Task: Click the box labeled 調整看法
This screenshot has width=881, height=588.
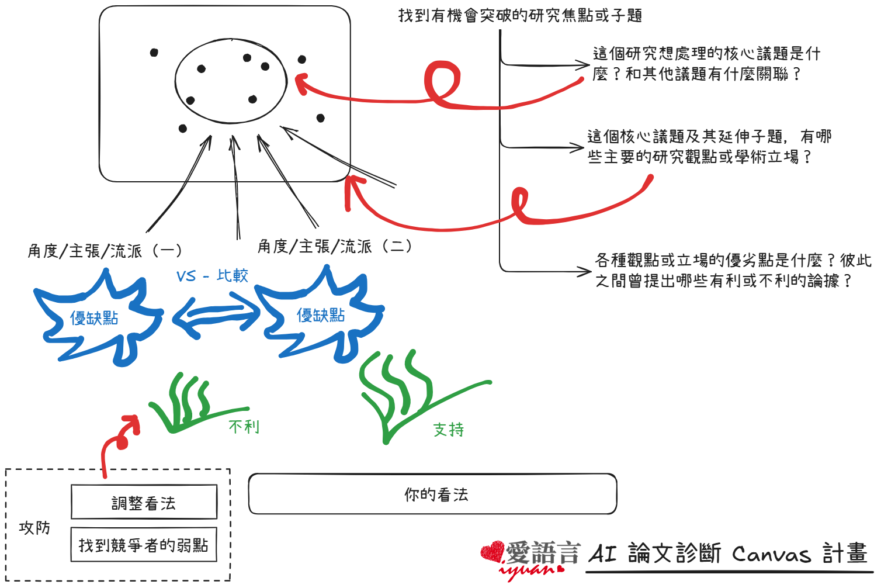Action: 144,502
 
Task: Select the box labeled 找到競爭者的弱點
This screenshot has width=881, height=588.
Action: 144,545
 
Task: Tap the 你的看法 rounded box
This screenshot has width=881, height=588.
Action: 433,494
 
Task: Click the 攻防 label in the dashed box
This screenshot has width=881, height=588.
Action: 34,528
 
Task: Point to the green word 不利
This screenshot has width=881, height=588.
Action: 244,426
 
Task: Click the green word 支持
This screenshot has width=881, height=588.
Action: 449,430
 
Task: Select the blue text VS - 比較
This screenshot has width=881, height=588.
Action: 212,275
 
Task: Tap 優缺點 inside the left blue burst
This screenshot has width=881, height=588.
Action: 94,318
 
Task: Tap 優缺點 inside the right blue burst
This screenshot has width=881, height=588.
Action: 321,316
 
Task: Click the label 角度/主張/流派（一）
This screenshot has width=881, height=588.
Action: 105,251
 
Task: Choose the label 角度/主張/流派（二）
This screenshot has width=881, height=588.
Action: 335,246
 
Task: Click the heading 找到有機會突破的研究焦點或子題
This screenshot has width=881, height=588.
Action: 520,15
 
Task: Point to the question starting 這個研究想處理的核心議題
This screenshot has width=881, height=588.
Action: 706,64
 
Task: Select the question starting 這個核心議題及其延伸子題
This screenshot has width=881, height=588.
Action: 709,147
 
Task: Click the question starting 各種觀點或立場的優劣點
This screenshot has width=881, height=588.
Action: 732,270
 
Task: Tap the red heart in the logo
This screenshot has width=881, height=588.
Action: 492,551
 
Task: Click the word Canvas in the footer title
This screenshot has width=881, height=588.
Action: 771,554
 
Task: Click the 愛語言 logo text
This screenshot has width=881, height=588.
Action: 542,552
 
